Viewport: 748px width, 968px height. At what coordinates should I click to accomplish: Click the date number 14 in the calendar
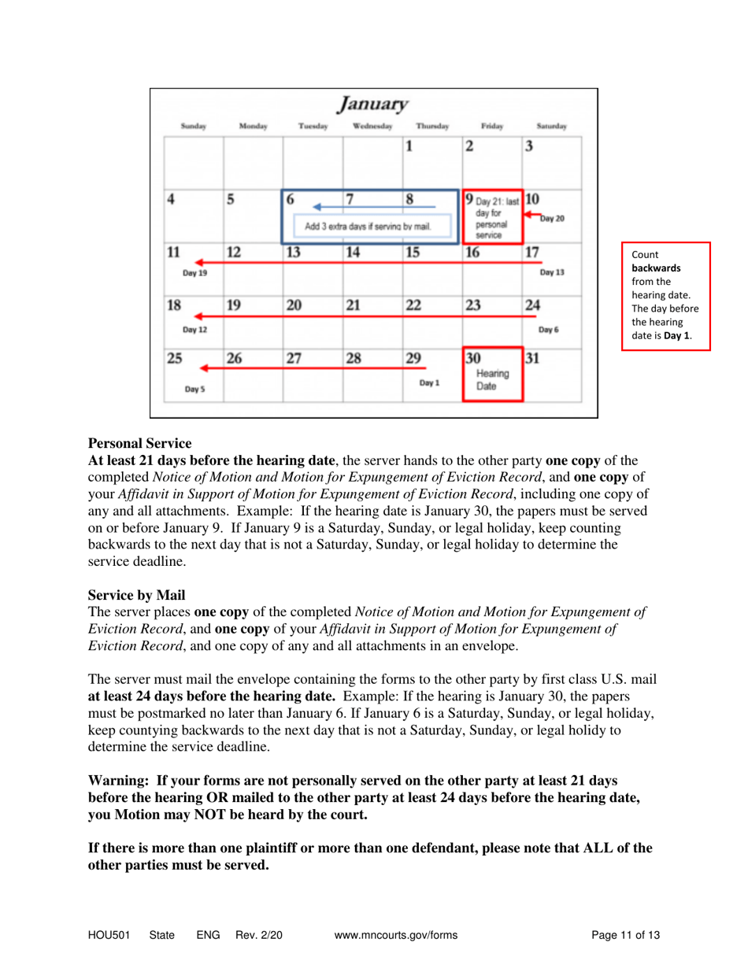coord(354,253)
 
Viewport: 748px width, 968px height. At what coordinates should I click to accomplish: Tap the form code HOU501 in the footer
coord(109,935)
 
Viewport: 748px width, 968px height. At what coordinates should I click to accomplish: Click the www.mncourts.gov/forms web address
coord(396,935)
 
